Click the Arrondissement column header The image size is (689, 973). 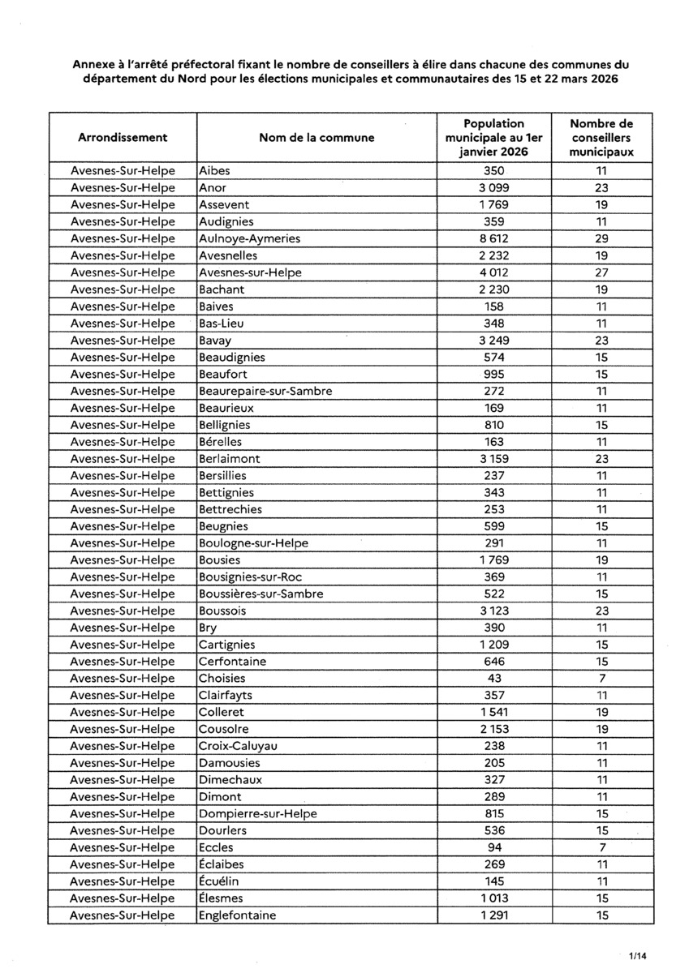pyautogui.click(x=123, y=138)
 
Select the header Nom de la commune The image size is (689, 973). pyautogui.click(x=317, y=138)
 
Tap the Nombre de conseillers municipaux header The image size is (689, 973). pyautogui.click(x=601, y=138)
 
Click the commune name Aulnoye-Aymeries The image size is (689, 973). pyautogui.click(x=250, y=238)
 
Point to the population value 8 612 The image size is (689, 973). pyautogui.click(x=494, y=238)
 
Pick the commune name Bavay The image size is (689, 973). pyautogui.click(x=214, y=340)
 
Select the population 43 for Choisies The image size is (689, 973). pyautogui.click(x=494, y=678)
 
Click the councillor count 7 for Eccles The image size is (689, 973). pyautogui.click(x=601, y=847)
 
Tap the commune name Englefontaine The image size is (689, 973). pyautogui.click(x=238, y=915)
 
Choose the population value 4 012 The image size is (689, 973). pyautogui.click(x=494, y=272)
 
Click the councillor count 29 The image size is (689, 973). pyautogui.click(x=601, y=238)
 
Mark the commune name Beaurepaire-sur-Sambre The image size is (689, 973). pyautogui.click(x=265, y=391)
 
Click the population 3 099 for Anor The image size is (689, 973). pyautogui.click(x=494, y=187)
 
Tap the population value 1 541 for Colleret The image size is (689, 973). pyautogui.click(x=494, y=712)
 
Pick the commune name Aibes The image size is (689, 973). pyautogui.click(x=214, y=171)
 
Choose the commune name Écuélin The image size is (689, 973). pyautogui.click(x=219, y=881)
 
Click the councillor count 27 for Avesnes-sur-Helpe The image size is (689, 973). pyautogui.click(x=601, y=272)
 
